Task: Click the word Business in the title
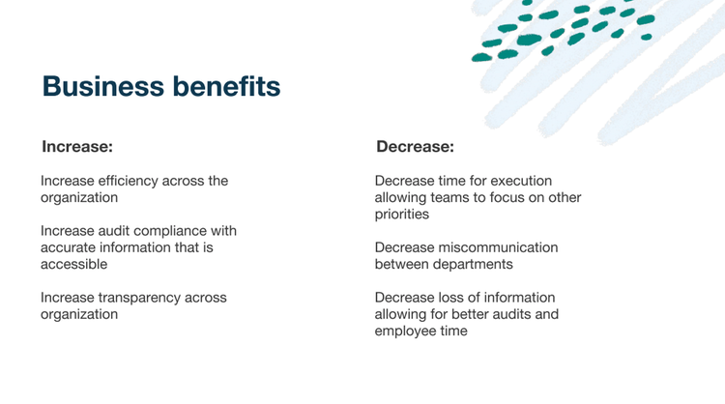coord(103,86)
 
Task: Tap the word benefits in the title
coord(226,86)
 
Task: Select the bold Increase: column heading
coord(77,147)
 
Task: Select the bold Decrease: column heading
coord(416,147)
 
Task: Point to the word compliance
coord(171,231)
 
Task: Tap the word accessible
coord(74,264)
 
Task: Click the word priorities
coord(402,214)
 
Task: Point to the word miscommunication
coord(498,247)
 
